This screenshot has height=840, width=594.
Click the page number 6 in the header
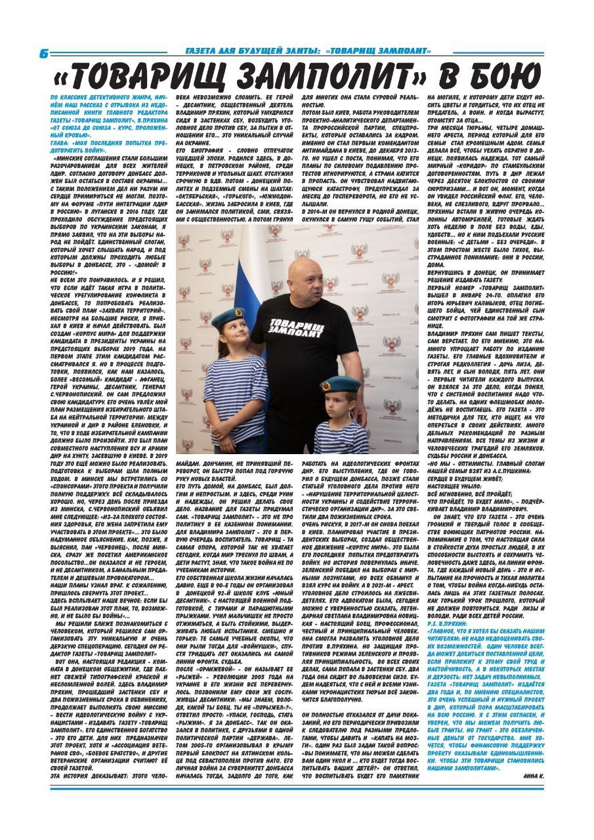click(43, 54)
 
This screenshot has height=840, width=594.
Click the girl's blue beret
click(228, 319)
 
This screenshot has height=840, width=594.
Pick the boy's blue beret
click(340, 385)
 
